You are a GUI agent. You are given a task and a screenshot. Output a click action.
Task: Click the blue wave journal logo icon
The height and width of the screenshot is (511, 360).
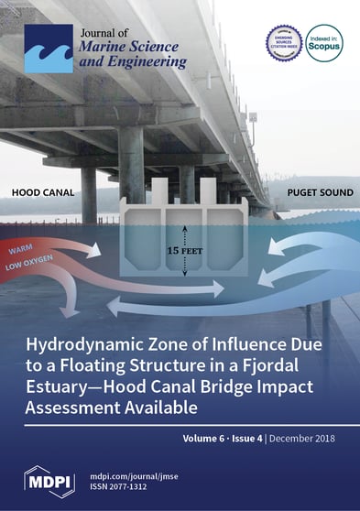click(47, 49)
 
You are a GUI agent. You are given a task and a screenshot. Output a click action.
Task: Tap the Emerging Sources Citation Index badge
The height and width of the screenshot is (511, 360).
click(283, 43)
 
